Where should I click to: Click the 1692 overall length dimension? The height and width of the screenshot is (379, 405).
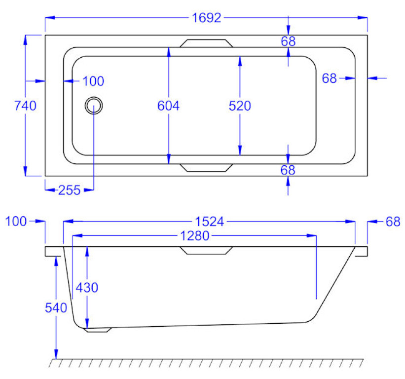pos(206,18)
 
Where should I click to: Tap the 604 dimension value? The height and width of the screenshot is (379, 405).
pos(169,106)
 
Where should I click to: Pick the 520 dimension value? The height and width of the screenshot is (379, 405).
pos(240,106)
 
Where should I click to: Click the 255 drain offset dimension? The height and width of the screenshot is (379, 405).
pos(69,190)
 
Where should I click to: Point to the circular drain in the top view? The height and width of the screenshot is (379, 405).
pos(93,105)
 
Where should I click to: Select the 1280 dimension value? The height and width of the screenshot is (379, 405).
pos(194,236)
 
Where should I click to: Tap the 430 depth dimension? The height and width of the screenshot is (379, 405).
pos(87,287)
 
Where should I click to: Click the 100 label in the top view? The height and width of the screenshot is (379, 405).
pos(93,81)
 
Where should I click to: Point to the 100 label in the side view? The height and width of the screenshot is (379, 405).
pos(16,222)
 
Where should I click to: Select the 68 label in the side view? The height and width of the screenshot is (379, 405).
pos(393,222)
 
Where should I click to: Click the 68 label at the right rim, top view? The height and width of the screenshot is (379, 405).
pos(330,78)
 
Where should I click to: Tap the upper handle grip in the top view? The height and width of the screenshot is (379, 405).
pos(206,43)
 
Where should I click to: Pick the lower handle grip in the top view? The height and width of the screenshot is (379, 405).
pos(206,167)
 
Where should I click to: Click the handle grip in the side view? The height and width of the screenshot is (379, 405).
pos(206,251)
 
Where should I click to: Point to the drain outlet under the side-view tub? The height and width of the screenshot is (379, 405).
pos(98,330)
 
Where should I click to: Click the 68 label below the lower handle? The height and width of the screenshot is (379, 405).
pos(288,170)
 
